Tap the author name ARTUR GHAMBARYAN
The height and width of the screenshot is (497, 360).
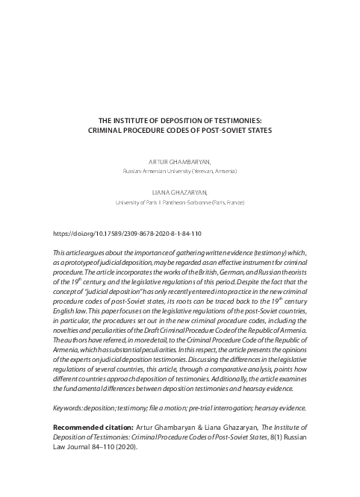tap(180, 161)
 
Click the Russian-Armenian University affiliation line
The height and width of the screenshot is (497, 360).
tap(180, 171)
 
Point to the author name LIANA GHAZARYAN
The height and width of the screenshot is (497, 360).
tap(180, 193)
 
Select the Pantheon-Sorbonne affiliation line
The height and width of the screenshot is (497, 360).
tap(180, 202)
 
